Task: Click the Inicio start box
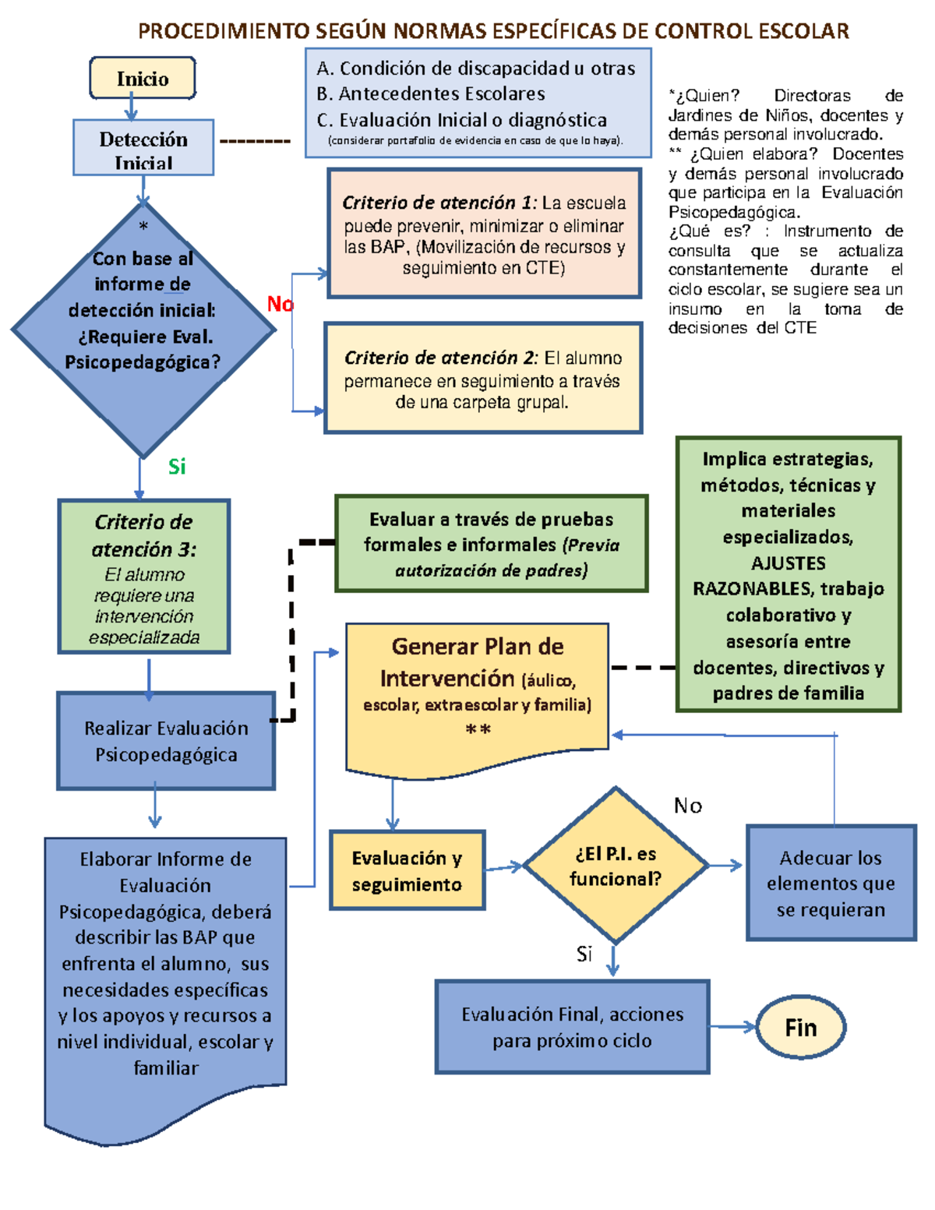pos(143,78)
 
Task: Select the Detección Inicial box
pos(143,148)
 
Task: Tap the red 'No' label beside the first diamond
pos(280,304)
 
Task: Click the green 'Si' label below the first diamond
pos(177,467)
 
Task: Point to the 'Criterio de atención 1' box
pos(484,234)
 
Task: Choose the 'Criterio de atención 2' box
pos(483,379)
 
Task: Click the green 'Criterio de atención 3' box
pos(144,577)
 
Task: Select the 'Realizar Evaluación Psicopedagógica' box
pos(166,741)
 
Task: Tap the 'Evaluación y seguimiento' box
pos(407,870)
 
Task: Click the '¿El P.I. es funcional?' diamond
pos(616,866)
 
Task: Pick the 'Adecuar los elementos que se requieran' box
pos(831,884)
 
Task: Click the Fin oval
pos(801,1028)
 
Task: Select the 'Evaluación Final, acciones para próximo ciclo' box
pos(572,1027)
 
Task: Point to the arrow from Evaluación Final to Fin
pos(732,1028)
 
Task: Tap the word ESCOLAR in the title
pos(803,31)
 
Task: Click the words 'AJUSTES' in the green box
pos(788,563)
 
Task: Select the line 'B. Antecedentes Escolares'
pos(431,94)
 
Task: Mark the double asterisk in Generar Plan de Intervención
pos(478,730)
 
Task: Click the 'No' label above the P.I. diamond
pos(688,806)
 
